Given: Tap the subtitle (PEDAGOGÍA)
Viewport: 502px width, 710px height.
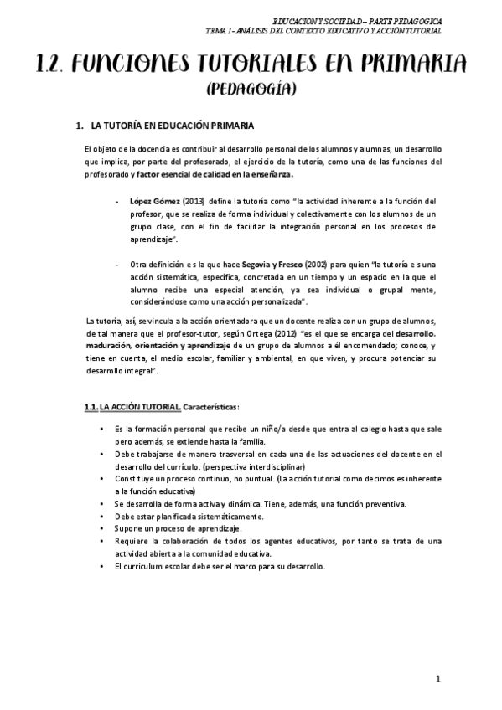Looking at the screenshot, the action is point(251,87).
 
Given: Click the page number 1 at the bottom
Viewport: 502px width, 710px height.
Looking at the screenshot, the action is point(437,679).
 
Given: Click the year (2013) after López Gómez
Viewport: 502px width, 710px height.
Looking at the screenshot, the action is point(194,203).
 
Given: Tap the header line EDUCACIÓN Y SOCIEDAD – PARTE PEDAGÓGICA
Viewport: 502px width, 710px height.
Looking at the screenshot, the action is point(362,20).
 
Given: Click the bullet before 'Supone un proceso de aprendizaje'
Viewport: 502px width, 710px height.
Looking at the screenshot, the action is point(102,529).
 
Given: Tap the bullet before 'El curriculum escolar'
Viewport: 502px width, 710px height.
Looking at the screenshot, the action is point(102,566).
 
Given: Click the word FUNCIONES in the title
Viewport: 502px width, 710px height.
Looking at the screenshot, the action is point(151,64).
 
